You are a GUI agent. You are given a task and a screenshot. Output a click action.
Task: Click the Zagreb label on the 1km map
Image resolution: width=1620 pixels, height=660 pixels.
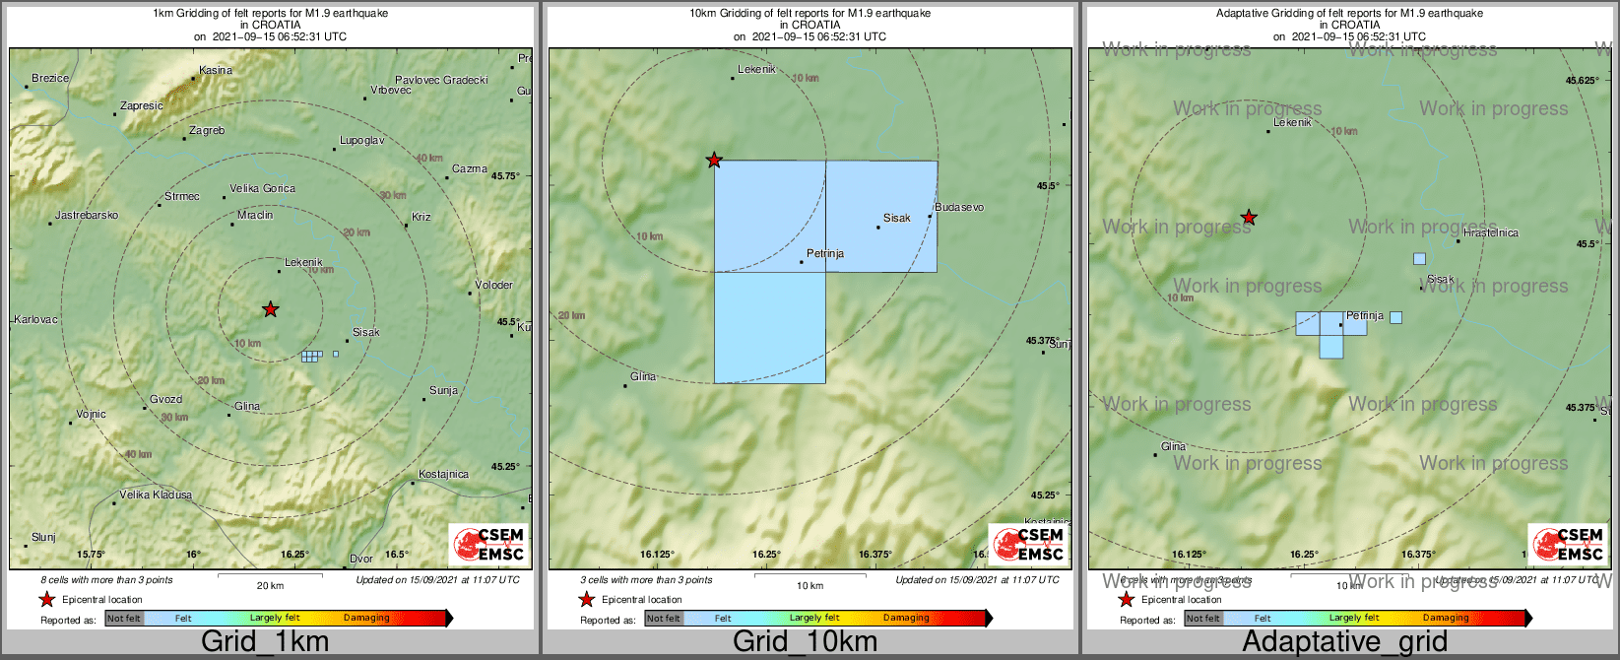pos(207,130)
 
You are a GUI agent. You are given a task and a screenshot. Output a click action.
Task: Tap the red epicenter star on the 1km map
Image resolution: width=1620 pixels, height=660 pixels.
pos(271,309)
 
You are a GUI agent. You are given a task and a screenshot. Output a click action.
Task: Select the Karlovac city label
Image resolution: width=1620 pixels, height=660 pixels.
pos(35,319)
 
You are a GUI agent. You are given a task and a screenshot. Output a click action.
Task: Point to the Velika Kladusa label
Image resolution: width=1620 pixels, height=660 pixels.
pos(156,495)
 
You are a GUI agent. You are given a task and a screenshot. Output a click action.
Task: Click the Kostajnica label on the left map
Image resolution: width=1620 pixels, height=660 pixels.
pos(443,474)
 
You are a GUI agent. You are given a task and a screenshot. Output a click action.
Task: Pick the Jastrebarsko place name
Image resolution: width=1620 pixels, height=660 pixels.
pos(87,215)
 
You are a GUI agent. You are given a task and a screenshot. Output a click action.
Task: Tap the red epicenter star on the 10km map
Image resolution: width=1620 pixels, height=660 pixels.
pos(714,160)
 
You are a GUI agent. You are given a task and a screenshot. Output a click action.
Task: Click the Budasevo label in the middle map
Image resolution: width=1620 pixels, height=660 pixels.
pos(959,207)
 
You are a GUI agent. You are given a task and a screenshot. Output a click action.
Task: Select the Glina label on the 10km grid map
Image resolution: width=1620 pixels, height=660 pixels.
pos(643,376)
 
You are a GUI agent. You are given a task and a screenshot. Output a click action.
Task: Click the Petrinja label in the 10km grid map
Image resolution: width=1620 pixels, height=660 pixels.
pos(825,253)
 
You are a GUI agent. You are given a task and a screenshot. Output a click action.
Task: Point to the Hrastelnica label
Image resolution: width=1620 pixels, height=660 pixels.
pos(1491,232)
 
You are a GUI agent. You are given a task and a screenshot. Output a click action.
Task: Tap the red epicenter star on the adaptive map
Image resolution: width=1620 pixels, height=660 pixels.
pos(1249,217)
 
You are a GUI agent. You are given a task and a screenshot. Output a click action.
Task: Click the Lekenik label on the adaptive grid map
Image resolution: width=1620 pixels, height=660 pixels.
pos(1292,122)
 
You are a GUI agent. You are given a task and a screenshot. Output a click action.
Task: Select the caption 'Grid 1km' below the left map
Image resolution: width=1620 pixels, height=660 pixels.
pos(265,642)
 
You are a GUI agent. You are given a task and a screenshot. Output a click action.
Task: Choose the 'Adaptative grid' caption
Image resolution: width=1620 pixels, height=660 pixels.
pos(1344,642)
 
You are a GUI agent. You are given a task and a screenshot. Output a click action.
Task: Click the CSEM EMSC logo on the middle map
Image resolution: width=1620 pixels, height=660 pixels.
pos(1029,544)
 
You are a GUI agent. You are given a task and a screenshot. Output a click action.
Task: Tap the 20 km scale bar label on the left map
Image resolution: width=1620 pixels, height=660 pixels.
pos(270,585)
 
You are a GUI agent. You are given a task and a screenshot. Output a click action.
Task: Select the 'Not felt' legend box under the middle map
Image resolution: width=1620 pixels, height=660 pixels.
pos(664,618)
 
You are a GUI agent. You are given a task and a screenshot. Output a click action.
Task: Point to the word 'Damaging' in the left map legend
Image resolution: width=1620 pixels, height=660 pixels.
pos(366,618)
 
